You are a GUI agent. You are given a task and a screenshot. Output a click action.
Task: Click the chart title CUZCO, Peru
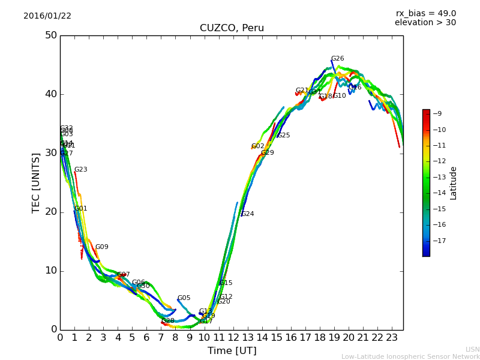232,28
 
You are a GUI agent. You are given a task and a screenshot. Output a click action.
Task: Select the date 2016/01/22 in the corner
47,16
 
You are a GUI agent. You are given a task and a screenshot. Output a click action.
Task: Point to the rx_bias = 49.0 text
425,13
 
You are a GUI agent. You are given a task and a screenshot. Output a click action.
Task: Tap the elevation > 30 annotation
425,23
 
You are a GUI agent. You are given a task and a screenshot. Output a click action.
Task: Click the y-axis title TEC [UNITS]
36,182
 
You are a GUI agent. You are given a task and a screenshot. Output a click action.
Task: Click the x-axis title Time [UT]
232,350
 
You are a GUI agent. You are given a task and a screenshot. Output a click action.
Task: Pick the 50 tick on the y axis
51,35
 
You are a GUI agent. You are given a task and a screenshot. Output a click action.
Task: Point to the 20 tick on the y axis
51,212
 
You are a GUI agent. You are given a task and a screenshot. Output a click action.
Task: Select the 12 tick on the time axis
233,338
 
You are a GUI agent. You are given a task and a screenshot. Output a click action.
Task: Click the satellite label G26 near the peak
337,59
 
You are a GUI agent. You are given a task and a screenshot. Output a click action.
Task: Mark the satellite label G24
247,214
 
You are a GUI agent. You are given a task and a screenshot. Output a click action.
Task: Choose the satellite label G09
101,247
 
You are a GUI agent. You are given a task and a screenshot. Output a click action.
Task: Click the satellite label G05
184,298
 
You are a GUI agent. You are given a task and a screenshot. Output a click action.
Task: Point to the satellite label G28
168,321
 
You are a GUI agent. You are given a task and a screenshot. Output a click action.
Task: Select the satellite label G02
257,146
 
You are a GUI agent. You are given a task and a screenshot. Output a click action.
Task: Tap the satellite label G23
80,170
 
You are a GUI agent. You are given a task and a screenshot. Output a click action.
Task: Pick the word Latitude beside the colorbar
454,182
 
